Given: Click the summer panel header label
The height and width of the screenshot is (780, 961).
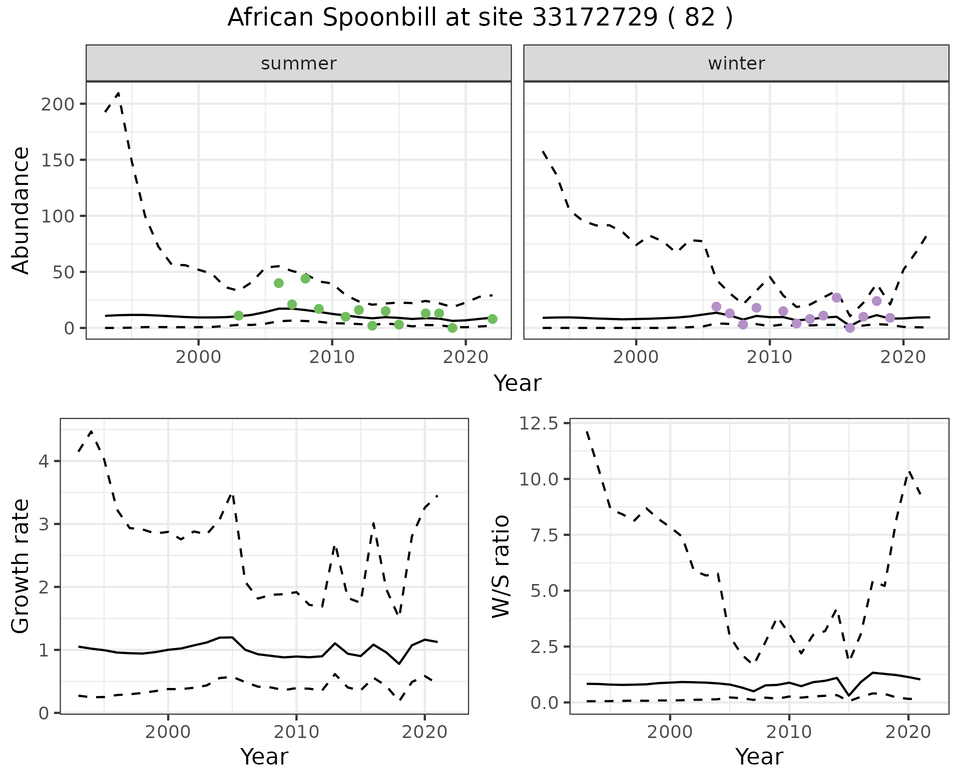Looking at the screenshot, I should pos(299,63).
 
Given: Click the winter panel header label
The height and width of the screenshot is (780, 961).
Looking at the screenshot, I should pos(736,63).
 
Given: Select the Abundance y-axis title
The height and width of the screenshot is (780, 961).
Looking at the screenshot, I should pos(21,210).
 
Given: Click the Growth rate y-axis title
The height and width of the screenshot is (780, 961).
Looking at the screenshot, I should pos(21,566).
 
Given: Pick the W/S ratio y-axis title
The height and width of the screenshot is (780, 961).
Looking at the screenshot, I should pos(501,566).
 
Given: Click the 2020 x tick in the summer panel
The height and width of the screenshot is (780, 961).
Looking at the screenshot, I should pos(465,357).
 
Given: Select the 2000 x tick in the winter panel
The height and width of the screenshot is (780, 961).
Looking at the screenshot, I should pos(636,357).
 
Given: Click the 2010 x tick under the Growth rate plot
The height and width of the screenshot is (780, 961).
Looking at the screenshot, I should pos(296,732).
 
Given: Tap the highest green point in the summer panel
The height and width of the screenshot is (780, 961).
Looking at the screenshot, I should pos(305,278).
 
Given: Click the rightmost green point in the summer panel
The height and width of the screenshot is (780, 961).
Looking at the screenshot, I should pos(493,319).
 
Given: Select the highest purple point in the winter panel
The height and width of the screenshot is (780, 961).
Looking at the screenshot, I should pos(836,298).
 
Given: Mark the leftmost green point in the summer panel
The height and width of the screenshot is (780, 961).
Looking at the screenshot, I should pos(239,315).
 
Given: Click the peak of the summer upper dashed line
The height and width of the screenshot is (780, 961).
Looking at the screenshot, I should pos(118,93).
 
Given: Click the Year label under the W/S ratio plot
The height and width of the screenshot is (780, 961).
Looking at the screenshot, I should pos(759,757).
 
